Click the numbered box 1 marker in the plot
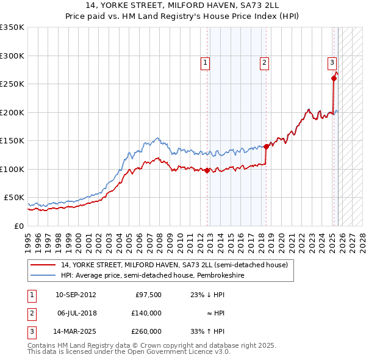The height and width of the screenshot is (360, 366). pos(205,62)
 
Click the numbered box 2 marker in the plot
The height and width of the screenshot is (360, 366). pos(264,62)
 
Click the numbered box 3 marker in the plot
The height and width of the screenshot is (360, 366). pos(332,62)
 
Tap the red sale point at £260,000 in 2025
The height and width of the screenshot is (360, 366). pos(334,78)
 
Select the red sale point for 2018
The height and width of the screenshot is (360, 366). pos(267,146)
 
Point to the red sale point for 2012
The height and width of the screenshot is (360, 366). pos(207,170)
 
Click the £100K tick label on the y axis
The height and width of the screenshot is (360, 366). pos(12,169)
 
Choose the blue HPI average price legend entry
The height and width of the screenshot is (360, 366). pos(152,276)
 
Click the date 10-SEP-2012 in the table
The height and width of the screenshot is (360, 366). pos(76,294)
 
